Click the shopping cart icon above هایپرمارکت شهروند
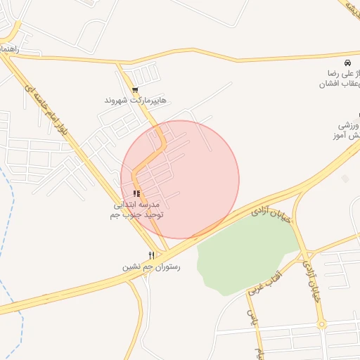point(134,89)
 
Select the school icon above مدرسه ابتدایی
point(136,193)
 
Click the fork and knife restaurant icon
point(151,255)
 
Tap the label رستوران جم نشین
point(150,266)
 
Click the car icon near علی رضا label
point(346,62)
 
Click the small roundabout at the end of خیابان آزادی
point(322,325)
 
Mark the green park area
point(246,257)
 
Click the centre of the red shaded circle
point(180,179)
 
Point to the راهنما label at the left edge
point(11,50)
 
